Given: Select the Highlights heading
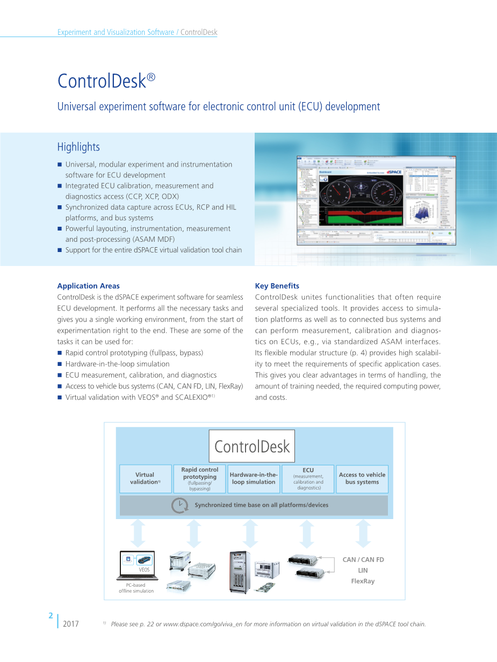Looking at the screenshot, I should click(78, 147).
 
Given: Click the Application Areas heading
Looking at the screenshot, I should click(88, 286).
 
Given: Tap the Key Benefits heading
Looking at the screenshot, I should click(277, 286).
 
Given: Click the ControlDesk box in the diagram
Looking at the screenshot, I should click(251, 446).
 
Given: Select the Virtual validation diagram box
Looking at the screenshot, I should click(145, 479).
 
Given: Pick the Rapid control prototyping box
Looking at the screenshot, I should click(200, 479).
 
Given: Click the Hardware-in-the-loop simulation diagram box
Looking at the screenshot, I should click(254, 479).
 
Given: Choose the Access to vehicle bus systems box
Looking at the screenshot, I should click(362, 479).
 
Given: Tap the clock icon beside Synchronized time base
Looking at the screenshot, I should click(179, 505).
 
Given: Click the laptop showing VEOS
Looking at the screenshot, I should click(138, 565).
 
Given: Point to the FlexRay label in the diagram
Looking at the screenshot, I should click(363, 581).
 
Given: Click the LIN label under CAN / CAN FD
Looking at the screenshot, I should click(363, 570).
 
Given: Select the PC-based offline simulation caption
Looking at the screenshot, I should click(136, 588).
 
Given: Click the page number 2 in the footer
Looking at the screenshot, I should click(50, 616).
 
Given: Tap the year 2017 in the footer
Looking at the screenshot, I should click(71, 624).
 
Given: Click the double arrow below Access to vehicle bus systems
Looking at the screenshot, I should click(363, 534).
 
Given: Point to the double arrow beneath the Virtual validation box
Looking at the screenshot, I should click(138, 534).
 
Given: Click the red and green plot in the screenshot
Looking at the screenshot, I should click(363, 217).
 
